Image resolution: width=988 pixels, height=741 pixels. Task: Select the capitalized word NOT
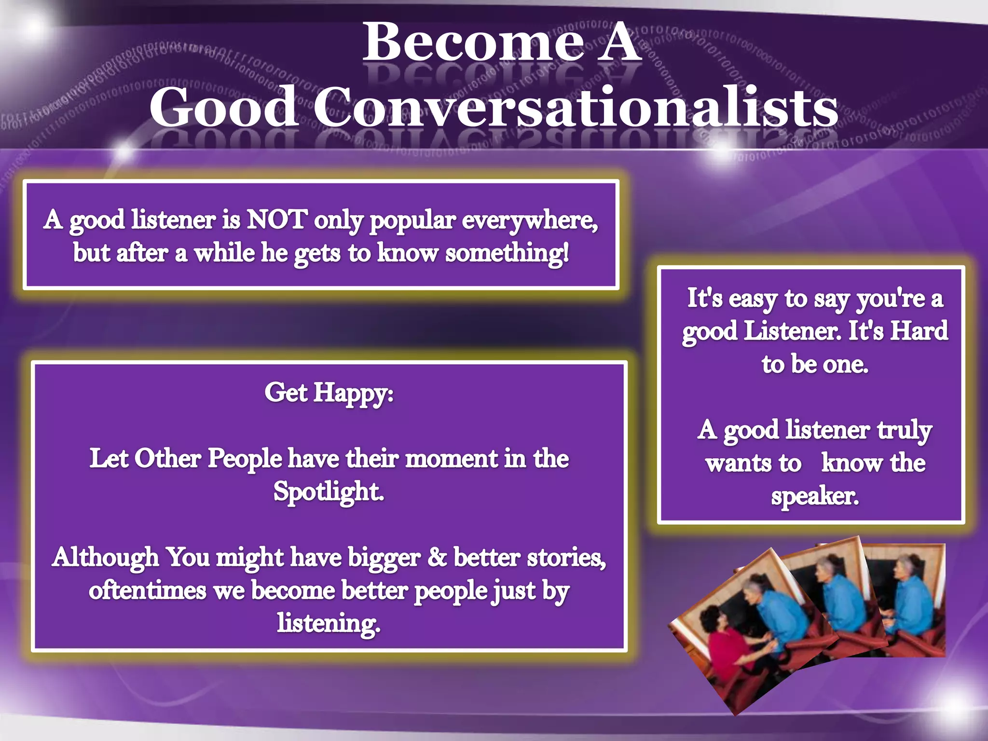[276, 220]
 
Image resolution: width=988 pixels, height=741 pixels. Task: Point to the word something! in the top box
[507, 253]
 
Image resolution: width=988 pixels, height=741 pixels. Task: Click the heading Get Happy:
[329, 393]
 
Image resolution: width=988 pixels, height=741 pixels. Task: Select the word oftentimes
[147, 590]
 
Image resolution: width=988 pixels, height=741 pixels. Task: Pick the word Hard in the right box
[919, 331]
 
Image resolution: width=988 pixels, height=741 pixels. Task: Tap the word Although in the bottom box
[105, 557]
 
